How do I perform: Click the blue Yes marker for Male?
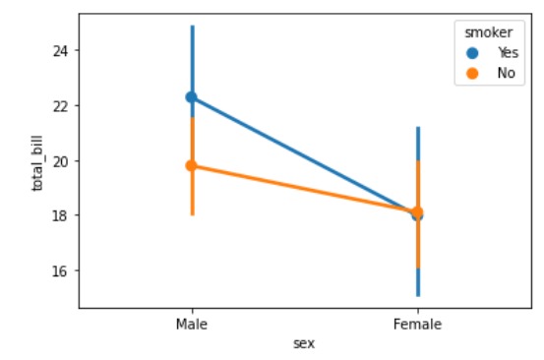point(192,97)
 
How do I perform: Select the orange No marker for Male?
point(192,165)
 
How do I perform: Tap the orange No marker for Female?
point(418,211)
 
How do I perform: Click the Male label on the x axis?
point(192,324)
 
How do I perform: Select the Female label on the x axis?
point(418,324)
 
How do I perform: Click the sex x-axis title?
point(304,342)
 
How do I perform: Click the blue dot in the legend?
point(471,53)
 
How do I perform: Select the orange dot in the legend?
point(471,73)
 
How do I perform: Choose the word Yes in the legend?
point(507,53)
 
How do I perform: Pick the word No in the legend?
point(505,73)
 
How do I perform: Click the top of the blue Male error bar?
point(192,26)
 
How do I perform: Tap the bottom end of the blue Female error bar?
point(418,295)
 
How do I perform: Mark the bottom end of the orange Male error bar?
point(192,214)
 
